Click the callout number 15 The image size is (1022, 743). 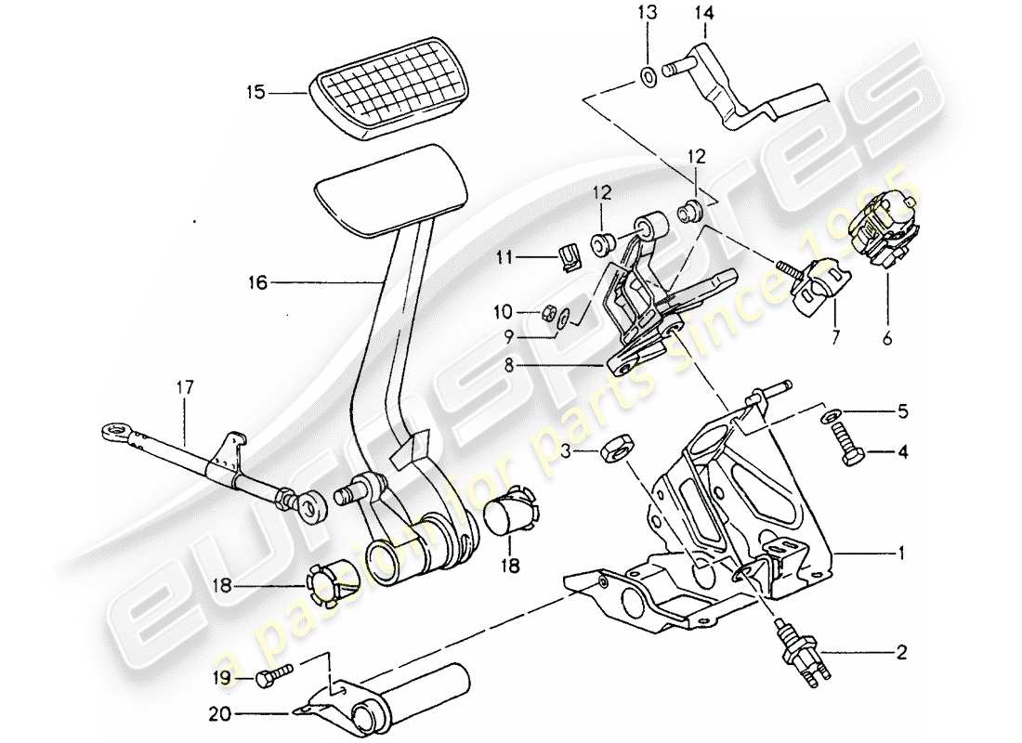[255, 92]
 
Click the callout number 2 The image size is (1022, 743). [899, 653]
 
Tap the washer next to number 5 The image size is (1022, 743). [829, 412]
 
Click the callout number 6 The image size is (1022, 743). [886, 340]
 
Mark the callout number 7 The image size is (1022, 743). [833, 340]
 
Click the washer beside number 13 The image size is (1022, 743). [648, 73]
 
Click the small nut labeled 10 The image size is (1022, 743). [549, 312]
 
